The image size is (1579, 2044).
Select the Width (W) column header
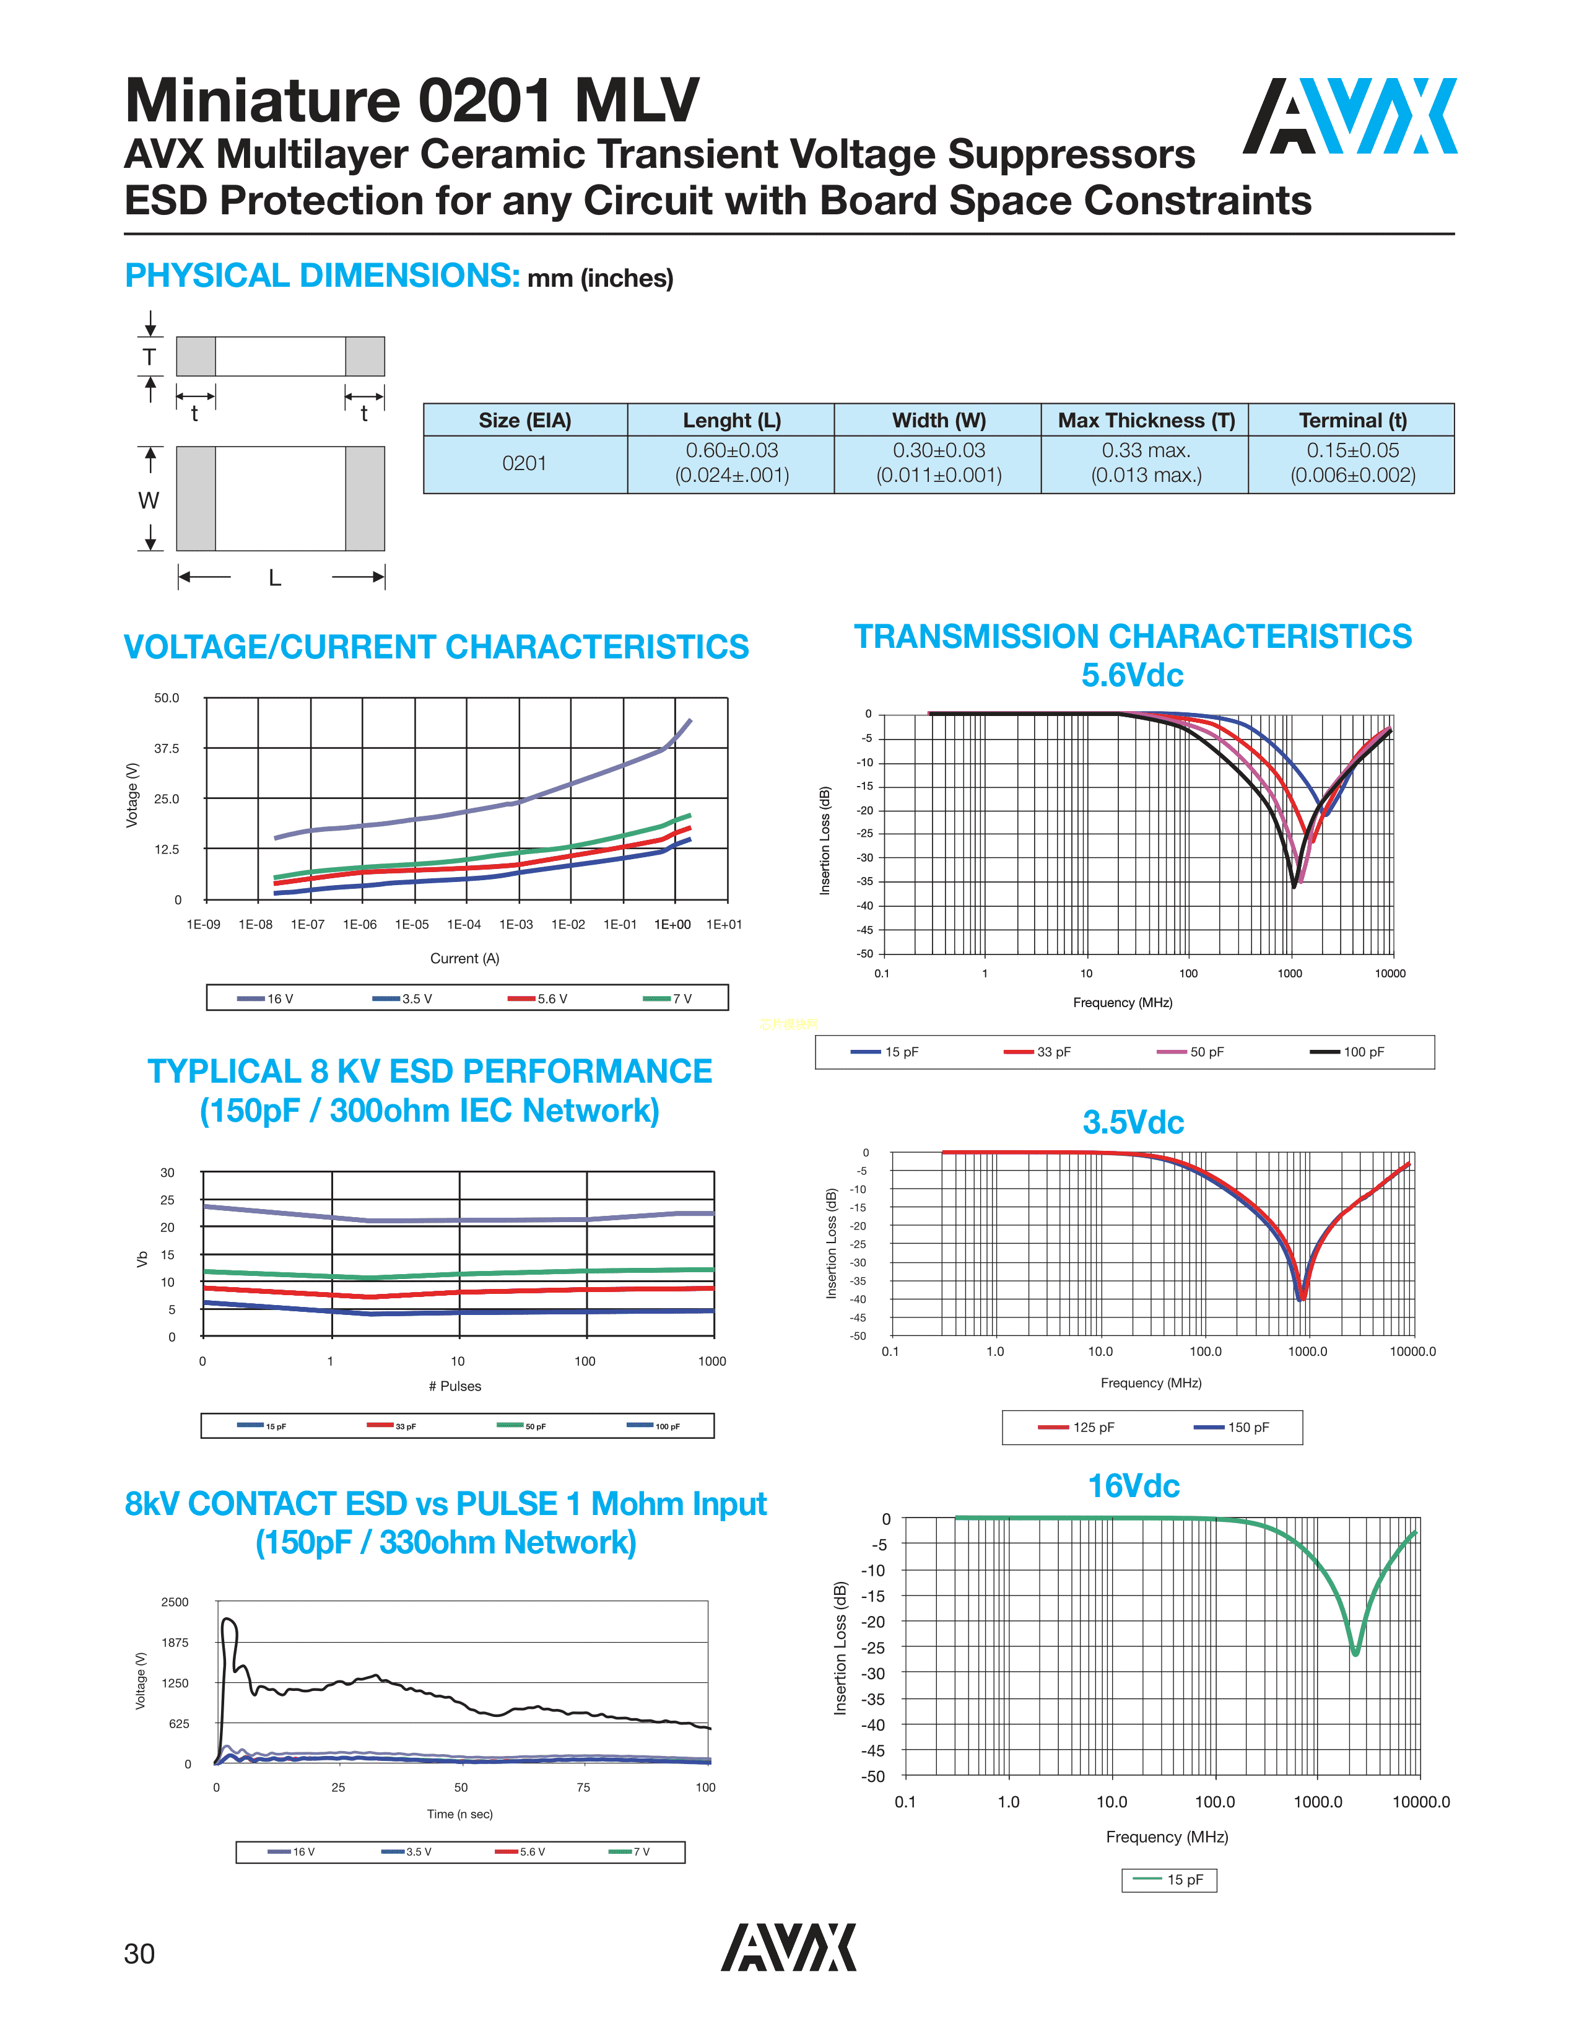tap(938, 420)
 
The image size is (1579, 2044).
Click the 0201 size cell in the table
tap(524, 463)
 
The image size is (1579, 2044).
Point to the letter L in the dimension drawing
tap(275, 577)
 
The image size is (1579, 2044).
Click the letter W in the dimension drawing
tap(149, 500)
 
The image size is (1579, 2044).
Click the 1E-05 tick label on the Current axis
tap(412, 925)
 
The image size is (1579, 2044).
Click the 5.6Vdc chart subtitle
tap(1132, 675)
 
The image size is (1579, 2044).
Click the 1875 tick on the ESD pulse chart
tap(175, 1643)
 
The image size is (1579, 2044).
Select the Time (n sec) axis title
tap(459, 1814)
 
